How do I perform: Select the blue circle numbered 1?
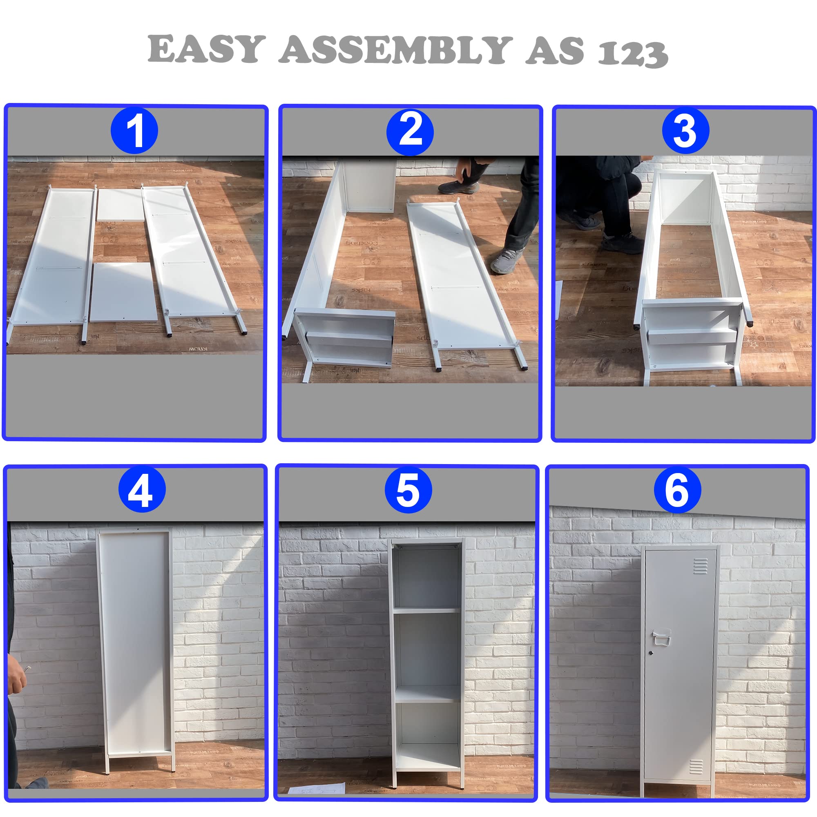(x=134, y=131)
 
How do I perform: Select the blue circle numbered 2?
(x=410, y=132)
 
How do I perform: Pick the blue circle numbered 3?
(x=685, y=131)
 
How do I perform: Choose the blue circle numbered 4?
(x=142, y=490)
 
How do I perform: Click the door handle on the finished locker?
(x=661, y=637)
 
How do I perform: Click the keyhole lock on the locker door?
(x=651, y=653)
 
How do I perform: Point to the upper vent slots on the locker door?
(x=700, y=566)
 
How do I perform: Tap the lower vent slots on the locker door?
(x=696, y=766)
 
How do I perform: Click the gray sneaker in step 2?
(x=507, y=261)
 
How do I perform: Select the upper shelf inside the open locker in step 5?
(x=426, y=610)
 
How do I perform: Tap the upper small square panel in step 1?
(x=121, y=204)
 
